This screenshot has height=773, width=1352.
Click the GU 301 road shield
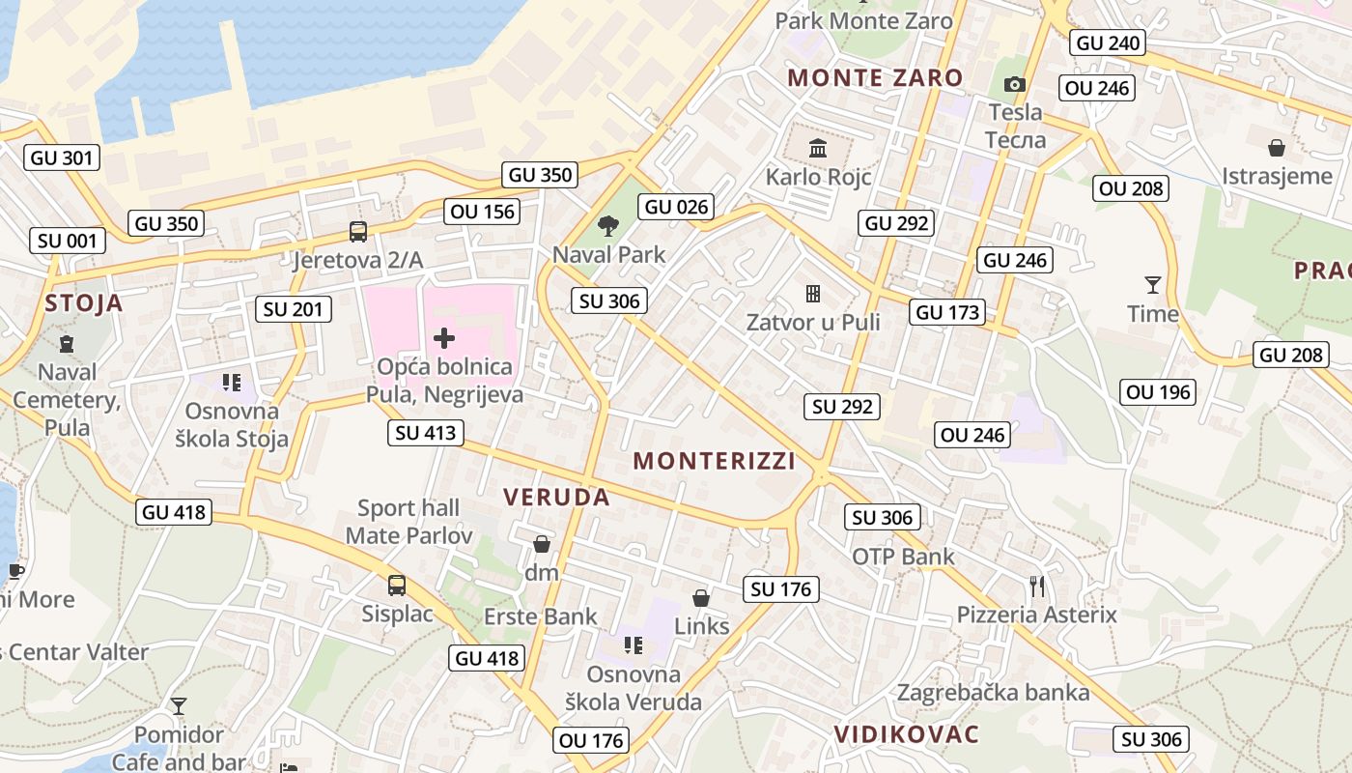pyautogui.click(x=63, y=157)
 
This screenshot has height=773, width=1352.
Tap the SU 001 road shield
pyautogui.click(x=67, y=241)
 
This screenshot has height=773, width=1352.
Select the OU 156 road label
pyautogui.click(x=483, y=212)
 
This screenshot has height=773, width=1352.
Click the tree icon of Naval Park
pyautogui.click(x=608, y=227)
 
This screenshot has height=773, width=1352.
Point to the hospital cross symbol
pyautogui.click(x=444, y=338)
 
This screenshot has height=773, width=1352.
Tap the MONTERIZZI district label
pyautogui.click(x=715, y=461)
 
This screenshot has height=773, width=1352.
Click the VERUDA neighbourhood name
pyautogui.click(x=556, y=498)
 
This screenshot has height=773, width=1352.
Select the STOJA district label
pyautogui.click(x=84, y=303)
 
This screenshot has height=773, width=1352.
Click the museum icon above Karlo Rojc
pyautogui.click(x=818, y=149)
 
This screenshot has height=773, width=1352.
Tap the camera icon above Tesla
pyautogui.click(x=1014, y=85)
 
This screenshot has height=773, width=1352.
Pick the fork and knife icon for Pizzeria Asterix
pyautogui.click(x=1037, y=587)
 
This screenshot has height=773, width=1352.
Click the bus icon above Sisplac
pyautogui.click(x=397, y=585)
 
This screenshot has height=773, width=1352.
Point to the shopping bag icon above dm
pyautogui.click(x=542, y=545)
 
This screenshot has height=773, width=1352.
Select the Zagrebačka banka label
pyautogui.click(x=993, y=693)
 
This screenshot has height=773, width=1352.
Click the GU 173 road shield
pyautogui.click(x=947, y=312)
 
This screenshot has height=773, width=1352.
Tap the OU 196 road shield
pyautogui.click(x=1159, y=391)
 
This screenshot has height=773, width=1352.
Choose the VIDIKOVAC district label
pyautogui.click(x=906, y=734)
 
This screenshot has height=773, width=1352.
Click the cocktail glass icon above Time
pyautogui.click(x=1152, y=284)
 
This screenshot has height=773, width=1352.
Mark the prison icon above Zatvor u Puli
pyautogui.click(x=813, y=293)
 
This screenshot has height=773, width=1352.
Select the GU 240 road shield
pyautogui.click(x=1108, y=43)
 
